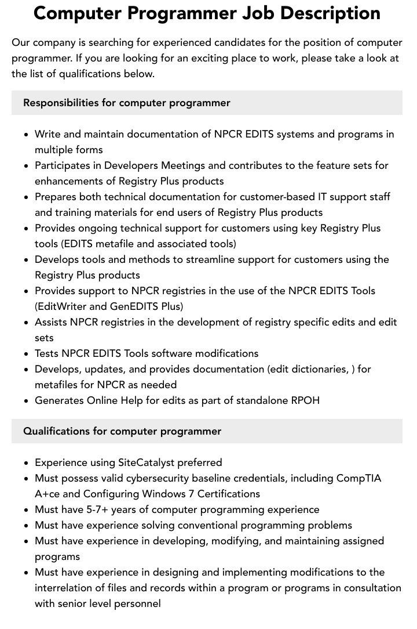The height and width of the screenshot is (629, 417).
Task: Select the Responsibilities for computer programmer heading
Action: pyautogui.click(x=126, y=103)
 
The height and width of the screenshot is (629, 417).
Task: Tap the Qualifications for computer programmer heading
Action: pyautogui.click(x=122, y=431)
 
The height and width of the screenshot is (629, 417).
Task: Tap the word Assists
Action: pyautogui.click(x=51, y=322)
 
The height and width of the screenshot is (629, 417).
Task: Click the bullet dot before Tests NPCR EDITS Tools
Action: pyautogui.click(x=27, y=353)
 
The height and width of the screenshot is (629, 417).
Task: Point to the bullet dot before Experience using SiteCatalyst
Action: pyautogui.click(x=27, y=463)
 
